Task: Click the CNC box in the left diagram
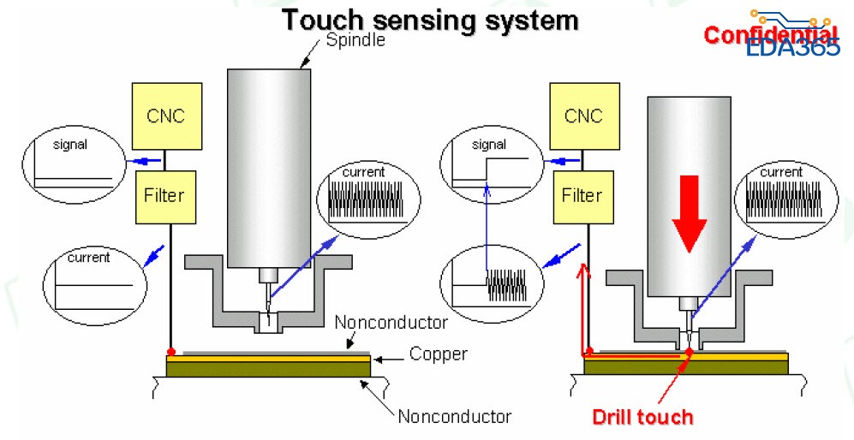167,116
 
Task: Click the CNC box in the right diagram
582,116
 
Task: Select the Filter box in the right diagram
582,195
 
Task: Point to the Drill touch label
642,418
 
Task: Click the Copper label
438,354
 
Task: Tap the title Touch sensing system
431,19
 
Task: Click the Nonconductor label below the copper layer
455,417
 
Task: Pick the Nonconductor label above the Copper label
391,323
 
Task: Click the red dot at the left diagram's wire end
171,351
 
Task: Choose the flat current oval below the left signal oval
93,280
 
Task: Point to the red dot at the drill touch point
689,352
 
